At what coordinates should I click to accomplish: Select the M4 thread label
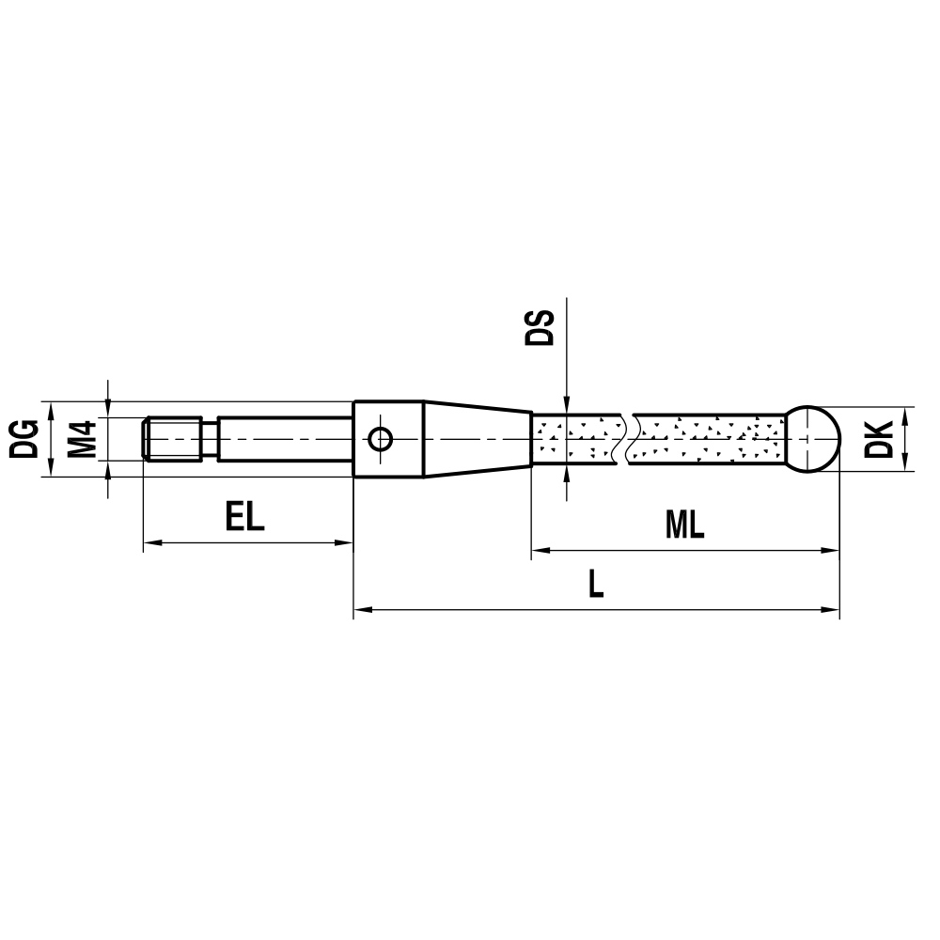[x=84, y=439]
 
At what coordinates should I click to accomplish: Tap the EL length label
[x=245, y=517]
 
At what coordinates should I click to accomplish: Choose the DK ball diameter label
[x=880, y=439]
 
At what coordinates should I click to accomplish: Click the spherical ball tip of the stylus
[x=812, y=439]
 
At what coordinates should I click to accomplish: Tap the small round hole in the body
[x=381, y=439]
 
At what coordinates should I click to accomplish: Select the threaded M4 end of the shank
[x=174, y=439]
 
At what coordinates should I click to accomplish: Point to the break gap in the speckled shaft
[x=629, y=439]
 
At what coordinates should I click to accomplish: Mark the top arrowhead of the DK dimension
[x=905, y=415]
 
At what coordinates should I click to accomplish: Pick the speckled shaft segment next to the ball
[x=710, y=439]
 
